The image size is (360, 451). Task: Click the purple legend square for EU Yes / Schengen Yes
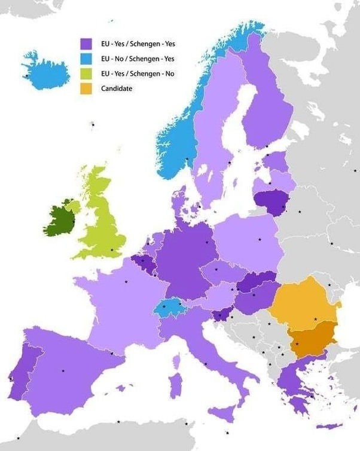(86, 44)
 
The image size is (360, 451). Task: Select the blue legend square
(86, 59)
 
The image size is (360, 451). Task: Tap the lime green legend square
(86, 73)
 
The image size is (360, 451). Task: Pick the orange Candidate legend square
(86, 88)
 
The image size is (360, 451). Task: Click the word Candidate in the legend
(117, 88)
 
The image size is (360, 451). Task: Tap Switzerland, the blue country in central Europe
(169, 308)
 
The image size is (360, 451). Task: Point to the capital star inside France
(126, 281)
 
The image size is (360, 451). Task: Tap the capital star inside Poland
(260, 240)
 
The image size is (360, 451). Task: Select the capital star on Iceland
(27, 76)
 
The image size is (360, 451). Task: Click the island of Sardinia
(174, 383)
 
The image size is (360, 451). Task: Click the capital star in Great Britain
(112, 250)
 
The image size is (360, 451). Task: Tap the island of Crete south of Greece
(329, 426)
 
